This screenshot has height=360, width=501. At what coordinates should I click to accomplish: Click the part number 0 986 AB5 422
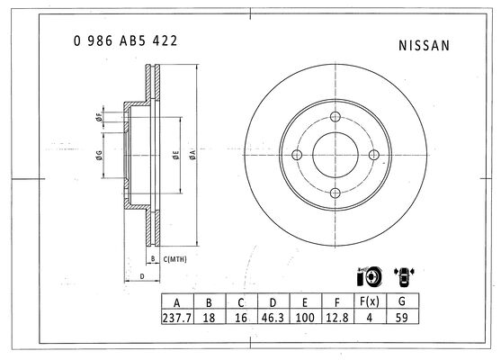125,40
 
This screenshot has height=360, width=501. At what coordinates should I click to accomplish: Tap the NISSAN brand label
424,45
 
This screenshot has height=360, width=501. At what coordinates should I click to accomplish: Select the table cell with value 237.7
177,318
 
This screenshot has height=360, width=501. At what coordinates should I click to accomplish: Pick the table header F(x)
370,301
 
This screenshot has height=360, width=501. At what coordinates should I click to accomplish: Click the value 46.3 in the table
273,318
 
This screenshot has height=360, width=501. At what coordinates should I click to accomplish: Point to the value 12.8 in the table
337,318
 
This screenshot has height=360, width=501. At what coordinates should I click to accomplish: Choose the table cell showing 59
402,318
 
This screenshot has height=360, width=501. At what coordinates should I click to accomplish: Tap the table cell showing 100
305,318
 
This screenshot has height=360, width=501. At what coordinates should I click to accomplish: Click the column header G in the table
402,301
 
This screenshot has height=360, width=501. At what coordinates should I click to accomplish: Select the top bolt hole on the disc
335,117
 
